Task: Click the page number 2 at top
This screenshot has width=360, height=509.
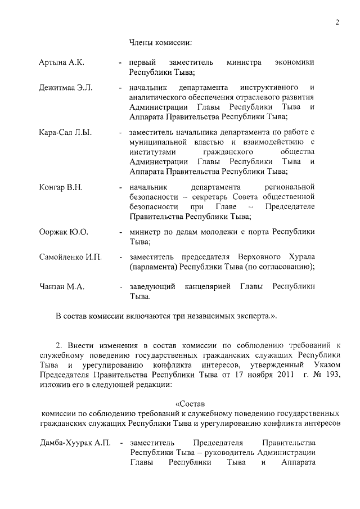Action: tap(336, 22)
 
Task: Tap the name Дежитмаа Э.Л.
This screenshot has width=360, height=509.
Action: tap(65, 88)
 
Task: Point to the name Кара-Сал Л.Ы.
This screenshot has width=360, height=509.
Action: tap(65, 132)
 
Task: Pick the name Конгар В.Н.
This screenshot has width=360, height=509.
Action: tap(61, 187)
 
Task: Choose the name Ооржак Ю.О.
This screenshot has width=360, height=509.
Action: tap(64, 231)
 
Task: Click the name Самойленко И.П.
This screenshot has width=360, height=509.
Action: tap(70, 257)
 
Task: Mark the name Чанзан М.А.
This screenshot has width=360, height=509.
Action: tap(62, 286)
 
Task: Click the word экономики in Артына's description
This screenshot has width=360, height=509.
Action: tap(294, 62)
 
